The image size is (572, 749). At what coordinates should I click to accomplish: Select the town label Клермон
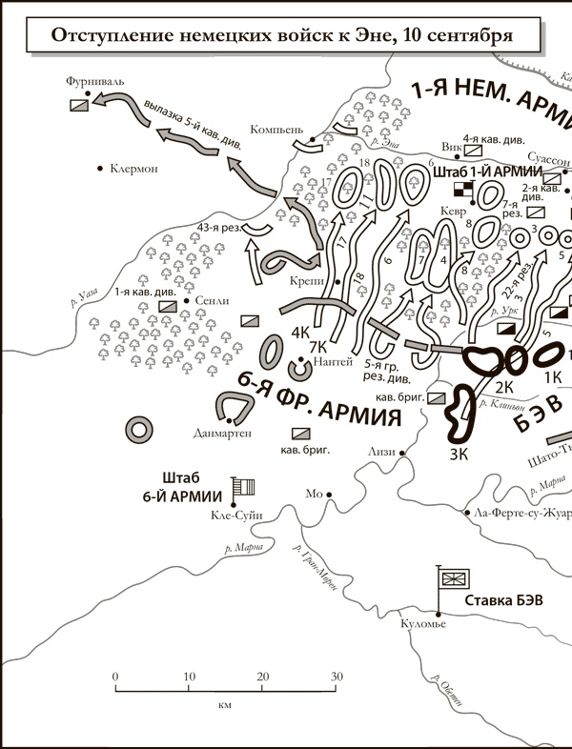click(133, 169)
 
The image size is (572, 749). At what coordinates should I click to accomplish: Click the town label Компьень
click(276, 128)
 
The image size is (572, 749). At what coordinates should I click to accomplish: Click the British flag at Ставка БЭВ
click(451, 578)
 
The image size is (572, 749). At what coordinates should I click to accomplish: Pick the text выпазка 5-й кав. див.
click(194, 122)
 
